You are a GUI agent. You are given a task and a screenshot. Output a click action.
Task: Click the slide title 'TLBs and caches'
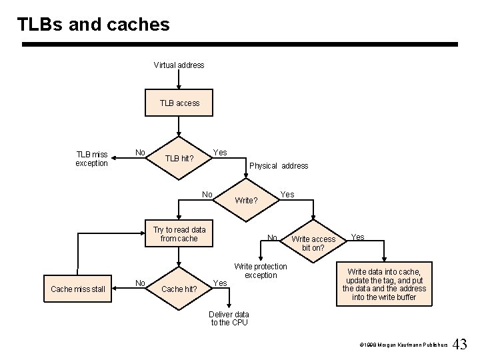[x=93, y=25]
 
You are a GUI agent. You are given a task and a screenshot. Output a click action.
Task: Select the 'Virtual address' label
[x=179, y=65]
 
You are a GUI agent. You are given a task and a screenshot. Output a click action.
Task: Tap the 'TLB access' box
[x=179, y=103]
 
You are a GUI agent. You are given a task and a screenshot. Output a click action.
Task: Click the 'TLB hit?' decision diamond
[x=179, y=159]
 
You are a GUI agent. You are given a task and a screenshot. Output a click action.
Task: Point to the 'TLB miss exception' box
[x=91, y=159]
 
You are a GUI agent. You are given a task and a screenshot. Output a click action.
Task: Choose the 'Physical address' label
[x=279, y=166]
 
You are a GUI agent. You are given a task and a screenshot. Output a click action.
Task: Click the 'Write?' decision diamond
[x=247, y=200]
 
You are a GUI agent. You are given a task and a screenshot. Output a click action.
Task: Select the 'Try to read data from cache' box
[x=179, y=234]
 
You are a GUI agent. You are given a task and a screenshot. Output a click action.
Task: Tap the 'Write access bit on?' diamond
[x=313, y=243]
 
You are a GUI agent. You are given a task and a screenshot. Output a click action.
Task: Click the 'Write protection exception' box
[x=261, y=271]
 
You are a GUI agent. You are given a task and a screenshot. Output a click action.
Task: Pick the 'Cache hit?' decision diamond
[x=179, y=289]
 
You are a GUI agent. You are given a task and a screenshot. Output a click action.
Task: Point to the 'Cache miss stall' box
[x=78, y=289]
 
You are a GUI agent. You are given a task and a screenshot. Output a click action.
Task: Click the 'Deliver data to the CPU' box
[x=229, y=318]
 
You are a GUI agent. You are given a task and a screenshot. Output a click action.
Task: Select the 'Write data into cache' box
[x=384, y=284]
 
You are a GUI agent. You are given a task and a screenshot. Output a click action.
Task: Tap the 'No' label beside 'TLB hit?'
[x=139, y=152]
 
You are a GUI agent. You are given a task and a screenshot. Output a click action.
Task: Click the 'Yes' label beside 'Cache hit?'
[x=219, y=283]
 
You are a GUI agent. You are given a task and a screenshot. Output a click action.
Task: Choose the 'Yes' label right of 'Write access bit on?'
[x=358, y=237]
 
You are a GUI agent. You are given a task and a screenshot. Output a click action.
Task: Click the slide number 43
[x=460, y=345]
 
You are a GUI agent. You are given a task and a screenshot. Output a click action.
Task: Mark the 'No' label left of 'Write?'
[x=207, y=195]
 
